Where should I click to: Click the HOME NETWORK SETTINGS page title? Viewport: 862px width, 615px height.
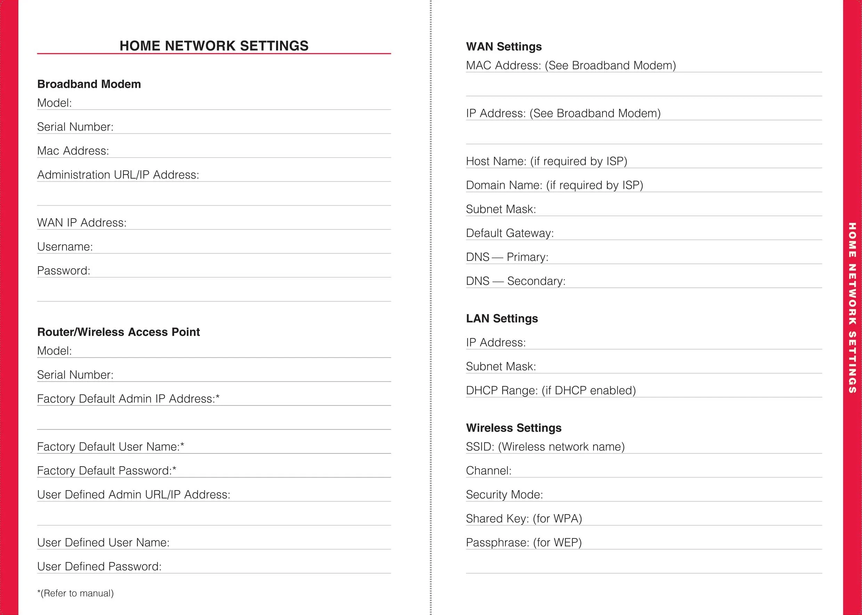pyautogui.click(x=214, y=46)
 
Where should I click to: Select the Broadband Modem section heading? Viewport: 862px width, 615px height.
pyautogui.click(x=89, y=84)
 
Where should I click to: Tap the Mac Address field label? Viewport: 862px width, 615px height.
pyautogui.click(x=73, y=151)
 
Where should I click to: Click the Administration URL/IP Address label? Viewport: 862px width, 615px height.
pyautogui.click(x=118, y=175)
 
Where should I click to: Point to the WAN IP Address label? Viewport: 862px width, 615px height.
pyautogui.click(x=82, y=223)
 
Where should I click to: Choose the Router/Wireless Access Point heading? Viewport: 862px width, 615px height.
pyautogui.click(x=119, y=332)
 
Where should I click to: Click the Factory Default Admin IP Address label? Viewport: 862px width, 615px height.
pyautogui.click(x=128, y=399)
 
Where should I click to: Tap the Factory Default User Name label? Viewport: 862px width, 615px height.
pyautogui.click(x=111, y=447)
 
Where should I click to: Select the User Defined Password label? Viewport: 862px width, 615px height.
pyautogui.click(x=99, y=567)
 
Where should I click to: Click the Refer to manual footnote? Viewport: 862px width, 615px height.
pyautogui.click(x=75, y=593)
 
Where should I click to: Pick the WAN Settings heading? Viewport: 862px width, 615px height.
pyautogui.click(x=504, y=47)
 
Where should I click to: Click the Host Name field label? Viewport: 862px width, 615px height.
pyautogui.click(x=546, y=161)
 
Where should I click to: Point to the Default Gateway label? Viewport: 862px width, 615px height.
pyautogui.click(x=509, y=233)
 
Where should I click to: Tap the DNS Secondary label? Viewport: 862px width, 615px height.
pyautogui.click(x=516, y=281)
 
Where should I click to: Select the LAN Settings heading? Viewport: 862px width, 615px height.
pyautogui.click(x=502, y=319)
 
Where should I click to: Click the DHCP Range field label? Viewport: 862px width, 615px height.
pyautogui.click(x=551, y=390)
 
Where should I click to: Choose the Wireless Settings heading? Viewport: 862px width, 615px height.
pyautogui.click(x=514, y=428)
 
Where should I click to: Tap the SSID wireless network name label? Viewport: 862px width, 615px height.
pyautogui.click(x=545, y=447)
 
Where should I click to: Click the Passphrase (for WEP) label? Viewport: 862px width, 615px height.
pyautogui.click(x=524, y=543)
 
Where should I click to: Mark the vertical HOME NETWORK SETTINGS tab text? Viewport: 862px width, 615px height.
pyautogui.click(x=852, y=307)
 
